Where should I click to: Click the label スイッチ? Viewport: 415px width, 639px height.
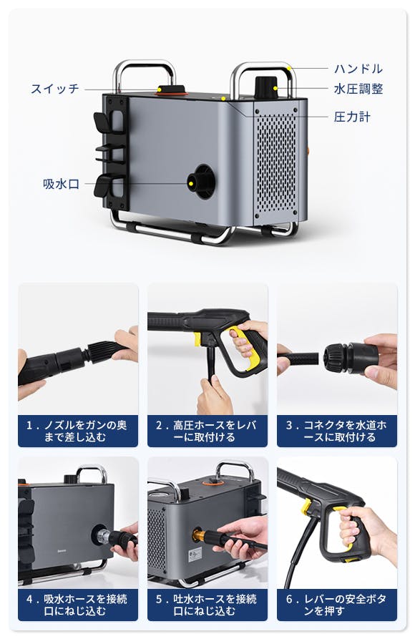coord(55,89)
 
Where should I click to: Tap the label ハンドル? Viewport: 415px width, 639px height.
coord(358,69)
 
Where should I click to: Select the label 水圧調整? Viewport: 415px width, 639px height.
coord(358,89)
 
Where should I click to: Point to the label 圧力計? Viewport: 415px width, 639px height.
coord(352,117)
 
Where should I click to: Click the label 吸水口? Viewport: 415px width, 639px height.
coord(61,184)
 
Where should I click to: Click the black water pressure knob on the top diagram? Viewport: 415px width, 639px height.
coord(266,87)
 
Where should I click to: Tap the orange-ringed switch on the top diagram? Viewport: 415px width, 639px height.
coord(171,91)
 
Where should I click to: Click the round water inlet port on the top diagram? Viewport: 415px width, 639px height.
coord(201,182)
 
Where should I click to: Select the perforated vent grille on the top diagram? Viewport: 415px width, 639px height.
coord(276,163)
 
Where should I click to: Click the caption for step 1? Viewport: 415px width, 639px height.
coord(78,431)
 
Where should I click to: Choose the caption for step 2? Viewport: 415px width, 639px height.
coord(207,431)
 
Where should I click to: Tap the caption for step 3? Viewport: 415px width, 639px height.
coord(337,431)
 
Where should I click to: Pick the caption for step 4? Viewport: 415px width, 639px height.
coord(78,605)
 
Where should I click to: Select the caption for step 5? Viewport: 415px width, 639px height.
coord(207,605)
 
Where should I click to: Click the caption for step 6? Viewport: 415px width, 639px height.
coord(337,605)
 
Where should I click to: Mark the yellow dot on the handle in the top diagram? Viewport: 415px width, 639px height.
coord(289,68)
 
